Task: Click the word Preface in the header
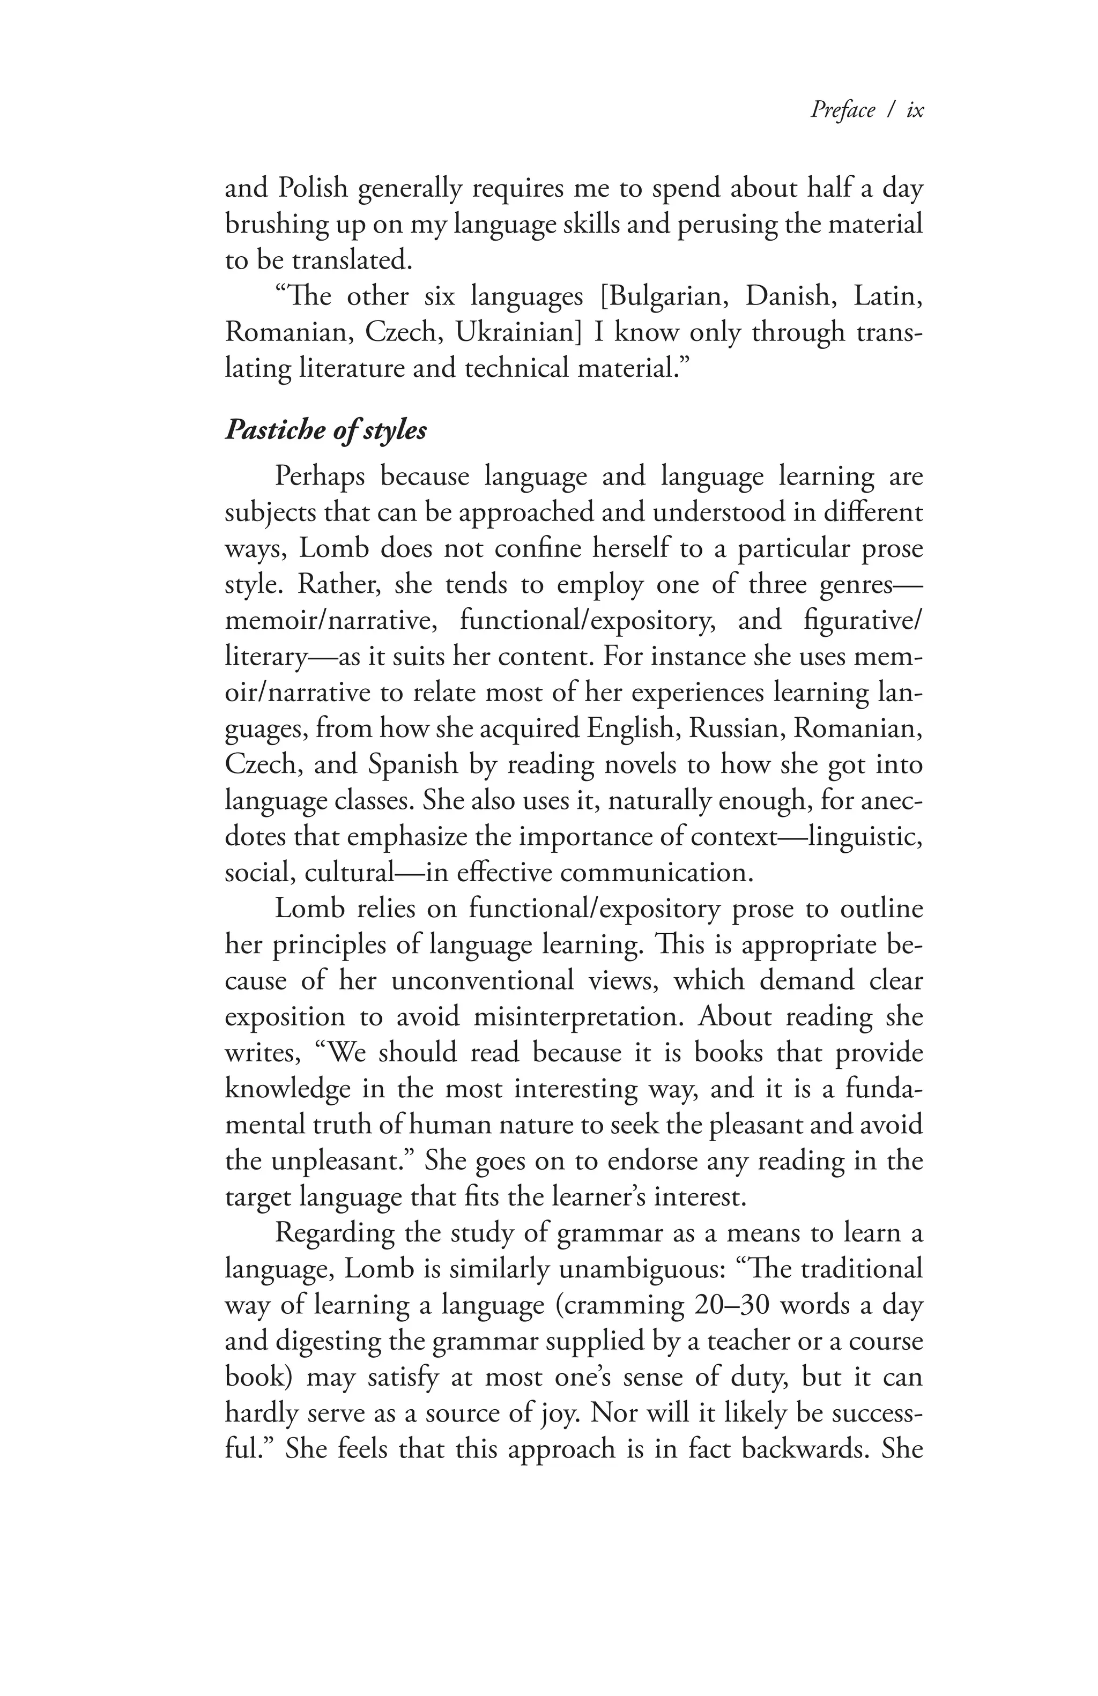coord(842,110)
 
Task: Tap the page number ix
coord(914,110)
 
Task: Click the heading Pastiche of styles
coord(325,431)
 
